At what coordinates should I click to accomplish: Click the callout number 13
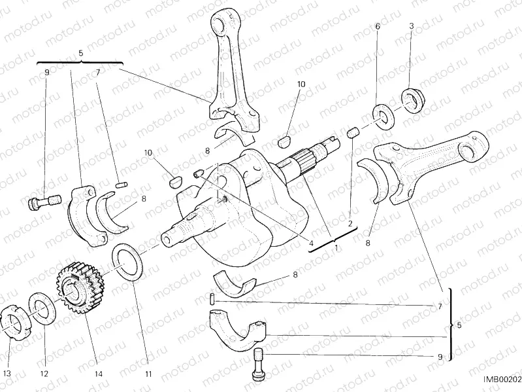[7, 374]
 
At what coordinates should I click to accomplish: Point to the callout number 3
[411, 26]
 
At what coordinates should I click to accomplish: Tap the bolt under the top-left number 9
[40, 203]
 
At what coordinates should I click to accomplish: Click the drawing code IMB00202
[502, 379]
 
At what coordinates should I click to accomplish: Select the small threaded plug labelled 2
[352, 134]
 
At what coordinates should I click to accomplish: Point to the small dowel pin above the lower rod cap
[214, 298]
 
